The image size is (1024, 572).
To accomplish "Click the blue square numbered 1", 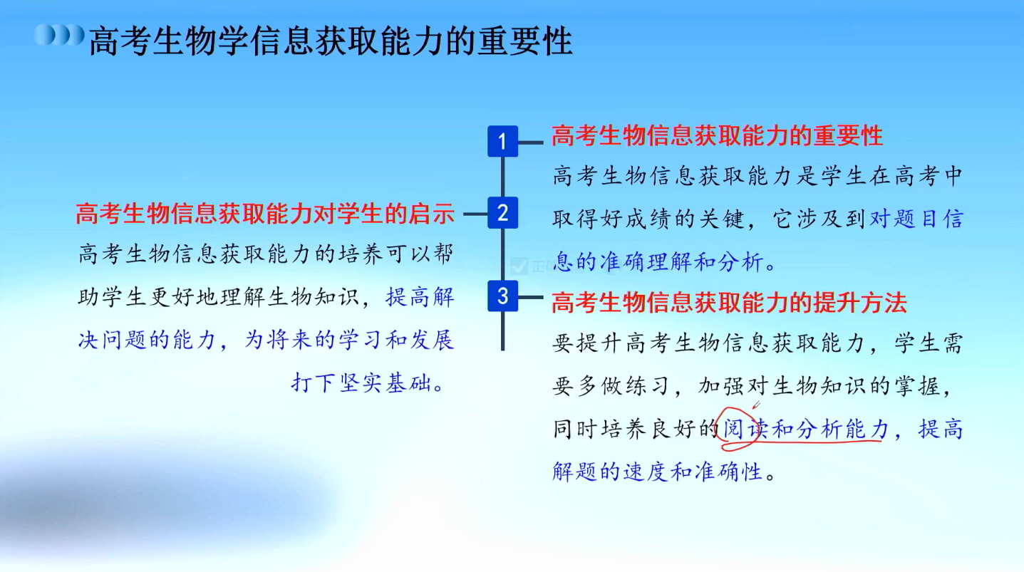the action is (x=502, y=141).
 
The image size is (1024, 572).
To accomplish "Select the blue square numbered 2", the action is (x=502, y=213).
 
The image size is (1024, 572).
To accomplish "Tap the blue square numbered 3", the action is (x=502, y=296).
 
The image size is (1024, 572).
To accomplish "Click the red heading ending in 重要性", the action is (x=717, y=135).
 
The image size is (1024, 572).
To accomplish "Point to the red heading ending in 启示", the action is (x=265, y=214).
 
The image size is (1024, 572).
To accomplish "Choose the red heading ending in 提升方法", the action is (x=729, y=302).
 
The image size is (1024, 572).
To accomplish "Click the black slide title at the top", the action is (x=331, y=41).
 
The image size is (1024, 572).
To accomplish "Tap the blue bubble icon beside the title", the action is (x=59, y=35).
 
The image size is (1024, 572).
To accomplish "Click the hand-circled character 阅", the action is (x=733, y=429).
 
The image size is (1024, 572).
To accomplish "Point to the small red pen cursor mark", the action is (x=756, y=405).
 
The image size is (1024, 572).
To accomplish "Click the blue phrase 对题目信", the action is (x=916, y=219).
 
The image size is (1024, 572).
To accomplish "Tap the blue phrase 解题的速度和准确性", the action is (x=657, y=472).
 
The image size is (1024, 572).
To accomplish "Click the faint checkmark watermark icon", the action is (x=519, y=266).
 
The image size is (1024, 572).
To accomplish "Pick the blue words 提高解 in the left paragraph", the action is (x=420, y=298).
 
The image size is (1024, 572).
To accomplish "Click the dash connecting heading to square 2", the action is (x=475, y=214).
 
